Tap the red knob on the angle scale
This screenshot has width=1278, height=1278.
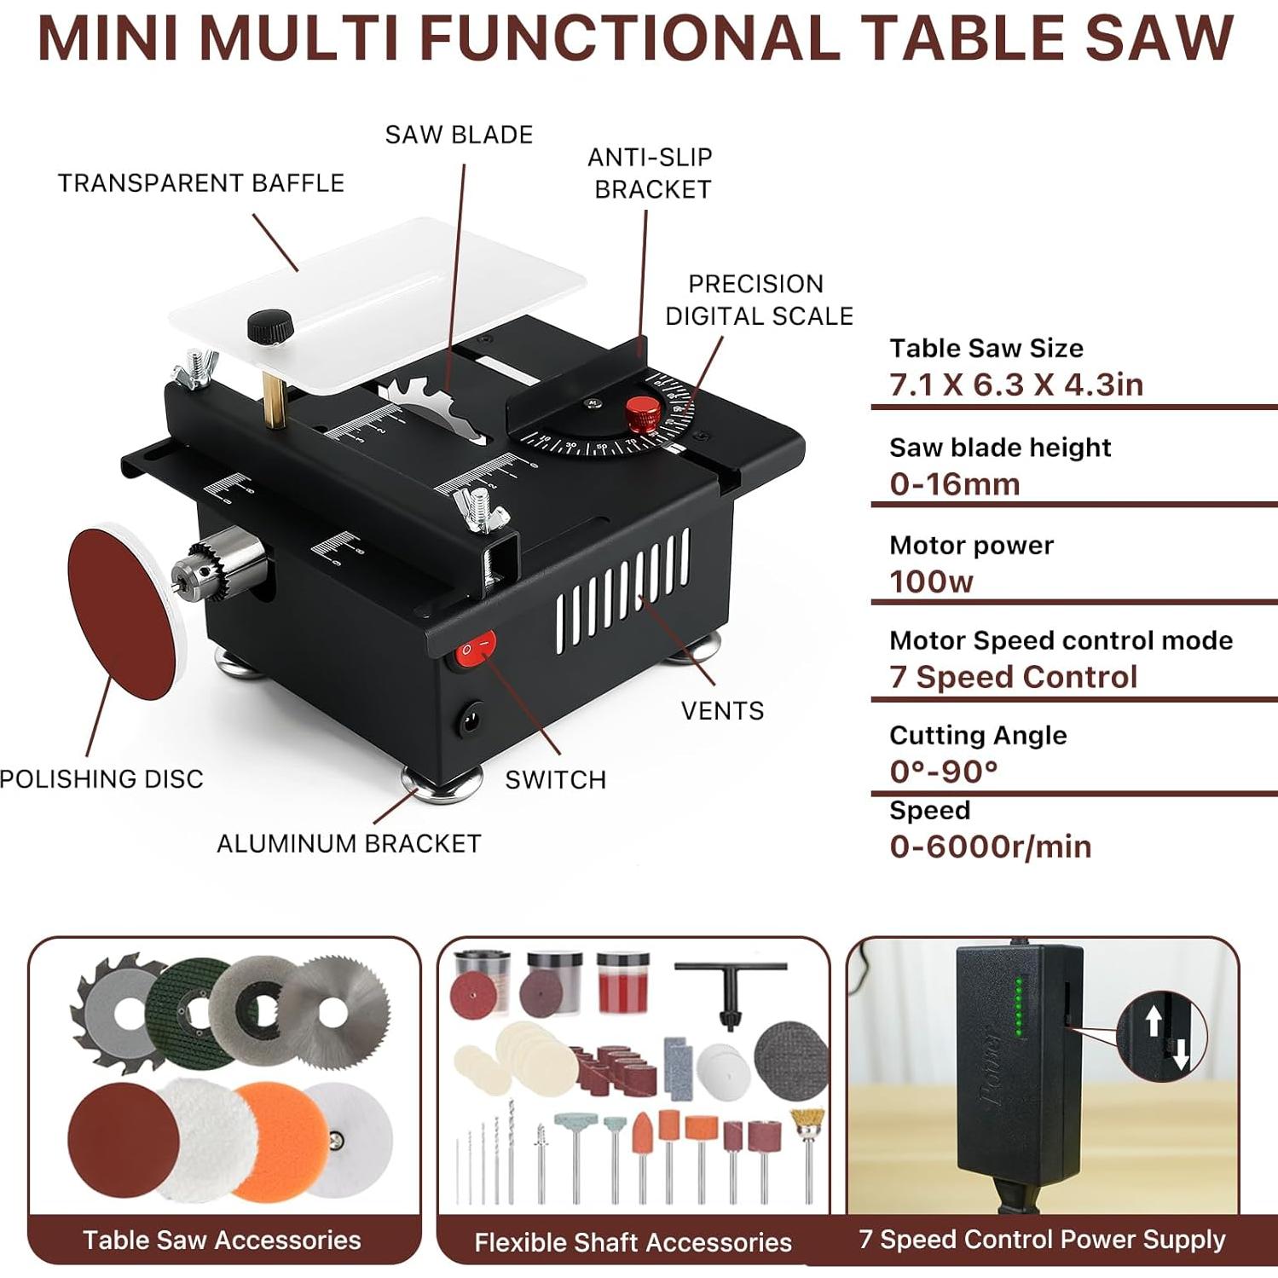click(643, 413)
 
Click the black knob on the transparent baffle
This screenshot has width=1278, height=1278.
click(270, 326)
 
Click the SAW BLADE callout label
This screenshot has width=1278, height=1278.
click(459, 135)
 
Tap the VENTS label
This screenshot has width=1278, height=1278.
click(722, 710)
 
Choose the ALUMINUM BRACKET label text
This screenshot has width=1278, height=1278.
click(349, 843)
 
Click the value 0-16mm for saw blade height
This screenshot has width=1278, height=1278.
click(955, 484)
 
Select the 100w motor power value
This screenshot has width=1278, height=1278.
click(931, 581)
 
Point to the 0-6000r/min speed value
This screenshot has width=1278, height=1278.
click(990, 847)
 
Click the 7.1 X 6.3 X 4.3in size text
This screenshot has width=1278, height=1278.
click(1016, 385)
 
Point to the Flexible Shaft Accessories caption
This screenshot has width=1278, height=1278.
click(633, 1242)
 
